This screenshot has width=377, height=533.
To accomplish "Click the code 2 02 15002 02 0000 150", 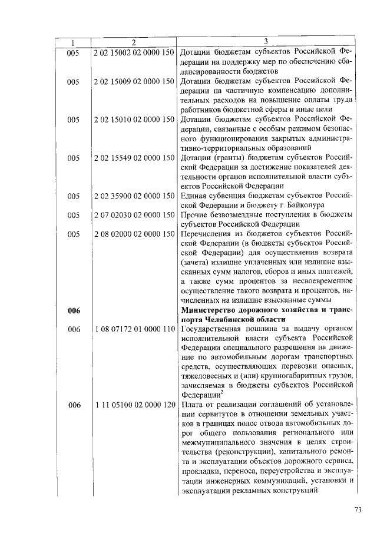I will (134, 52).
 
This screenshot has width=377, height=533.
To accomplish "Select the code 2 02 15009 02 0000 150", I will (134, 82).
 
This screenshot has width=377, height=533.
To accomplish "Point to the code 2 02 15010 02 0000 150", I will (134, 120).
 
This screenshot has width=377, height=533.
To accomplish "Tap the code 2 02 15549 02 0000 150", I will (134, 157).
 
